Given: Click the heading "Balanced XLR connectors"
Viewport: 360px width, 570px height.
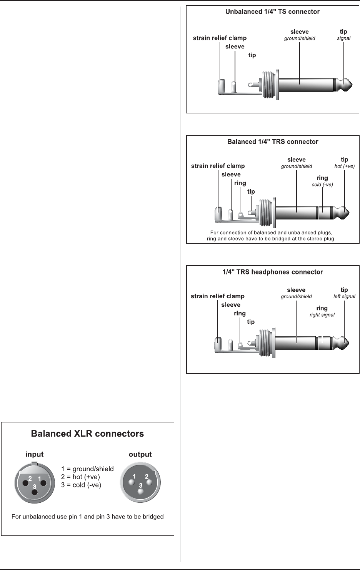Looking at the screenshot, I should [x=87, y=434].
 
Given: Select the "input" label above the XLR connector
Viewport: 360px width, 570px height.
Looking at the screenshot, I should [x=34, y=454].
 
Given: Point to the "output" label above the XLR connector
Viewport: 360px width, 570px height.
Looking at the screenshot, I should [x=140, y=454].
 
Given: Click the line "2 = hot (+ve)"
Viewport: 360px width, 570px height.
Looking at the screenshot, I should [x=81, y=477].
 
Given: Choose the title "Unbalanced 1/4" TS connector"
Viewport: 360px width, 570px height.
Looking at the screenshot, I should [x=272, y=12].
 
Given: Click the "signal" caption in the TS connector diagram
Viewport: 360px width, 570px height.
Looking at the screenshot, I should [x=343, y=38].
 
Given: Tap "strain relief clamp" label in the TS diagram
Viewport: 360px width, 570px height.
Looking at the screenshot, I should [x=220, y=38].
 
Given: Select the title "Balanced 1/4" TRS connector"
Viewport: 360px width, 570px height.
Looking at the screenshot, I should [x=272, y=142].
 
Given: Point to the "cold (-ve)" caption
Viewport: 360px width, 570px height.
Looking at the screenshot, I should [x=322, y=184].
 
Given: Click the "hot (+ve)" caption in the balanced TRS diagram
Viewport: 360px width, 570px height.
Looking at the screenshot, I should [x=344, y=166].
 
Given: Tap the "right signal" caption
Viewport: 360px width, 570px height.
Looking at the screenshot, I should [x=322, y=315].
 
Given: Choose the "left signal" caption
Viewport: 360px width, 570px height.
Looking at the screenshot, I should [x=344, y=296].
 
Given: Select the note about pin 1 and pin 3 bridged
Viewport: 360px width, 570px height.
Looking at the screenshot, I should [x=87, y=517].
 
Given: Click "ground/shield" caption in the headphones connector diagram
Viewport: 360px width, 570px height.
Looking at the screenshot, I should [x=296, y=296].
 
